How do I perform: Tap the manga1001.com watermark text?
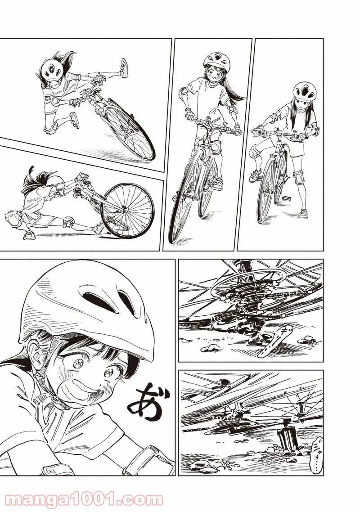pyautogui.click(x=81, y=497)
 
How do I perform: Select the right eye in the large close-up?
pyautogui.click(x=109, y=372)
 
